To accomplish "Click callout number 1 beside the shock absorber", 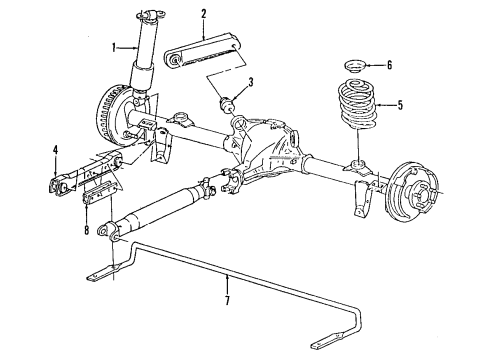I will [114, 46].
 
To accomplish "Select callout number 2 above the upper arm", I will [203, 13].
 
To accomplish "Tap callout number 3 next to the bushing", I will [252, 82].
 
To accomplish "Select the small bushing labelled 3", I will [227, 102].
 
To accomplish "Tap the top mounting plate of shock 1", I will [152, 13].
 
